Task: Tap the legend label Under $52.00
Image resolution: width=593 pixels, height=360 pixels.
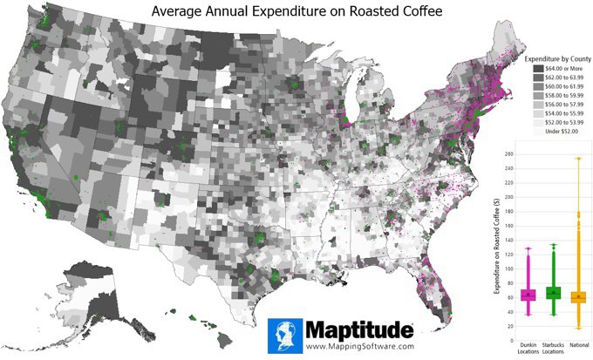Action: click(x=562, y=132)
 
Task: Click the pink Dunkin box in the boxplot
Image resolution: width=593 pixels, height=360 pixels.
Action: click(x=527, y=295)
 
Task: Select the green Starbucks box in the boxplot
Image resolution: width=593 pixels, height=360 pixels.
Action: click(x=551, y=293)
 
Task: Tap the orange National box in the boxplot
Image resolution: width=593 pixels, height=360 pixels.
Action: click(x=577, y=296)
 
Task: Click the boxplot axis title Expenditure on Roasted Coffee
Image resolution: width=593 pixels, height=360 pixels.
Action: click(x=494, y=244)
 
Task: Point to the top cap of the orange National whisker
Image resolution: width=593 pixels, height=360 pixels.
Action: click(x=577, y=159)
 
